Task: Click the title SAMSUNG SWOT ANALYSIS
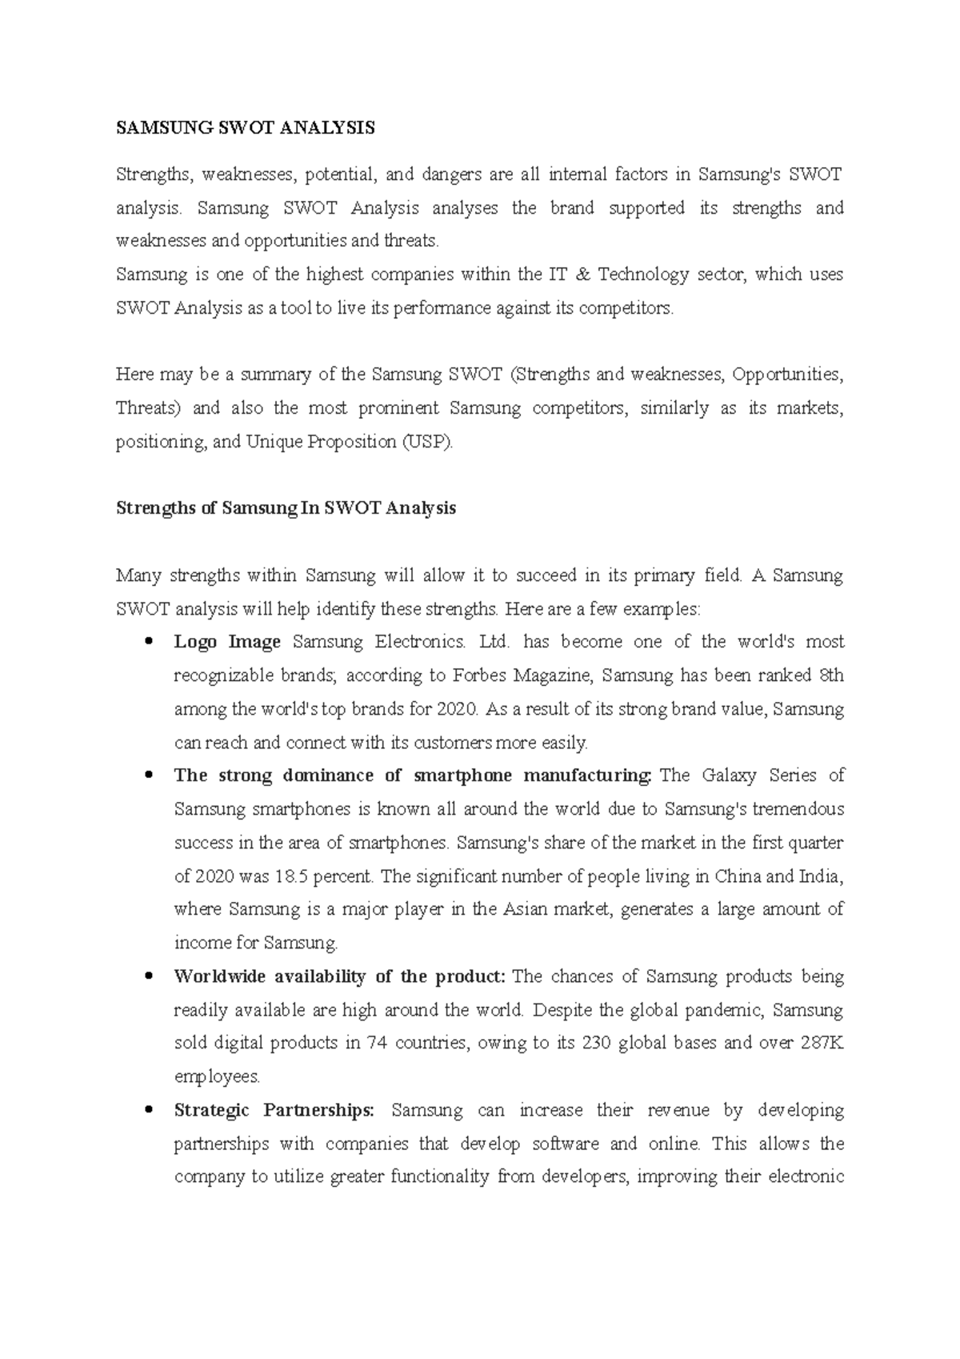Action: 245,128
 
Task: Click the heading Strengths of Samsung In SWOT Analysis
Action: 286,508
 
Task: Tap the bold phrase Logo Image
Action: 227,642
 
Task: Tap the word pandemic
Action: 729,1010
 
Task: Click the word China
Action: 738,876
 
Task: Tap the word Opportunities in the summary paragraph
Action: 786,375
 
